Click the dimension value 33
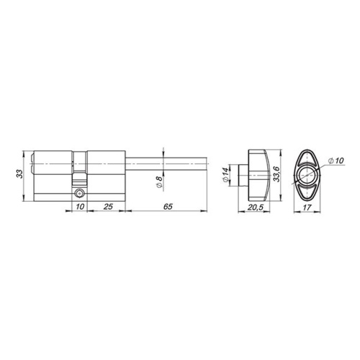pos(19,174)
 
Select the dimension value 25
pos(108,207)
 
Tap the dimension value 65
pos(168,207)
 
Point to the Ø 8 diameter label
pos(158,182)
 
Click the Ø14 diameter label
pos(225,175)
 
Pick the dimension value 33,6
pos(277,174)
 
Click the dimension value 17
pos(307,207)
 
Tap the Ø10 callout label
pos(336,161)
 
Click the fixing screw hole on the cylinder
pos(79,193)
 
